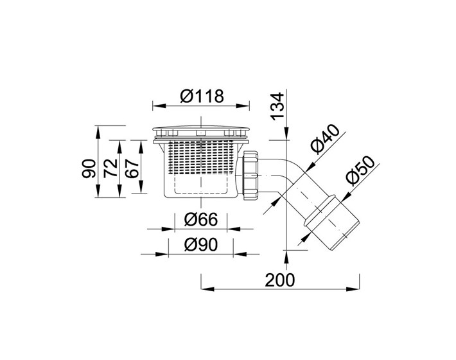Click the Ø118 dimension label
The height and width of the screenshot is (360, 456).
(202, 96)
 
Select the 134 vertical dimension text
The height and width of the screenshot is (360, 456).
(277, 106)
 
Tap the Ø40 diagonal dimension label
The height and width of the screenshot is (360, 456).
(325, 139)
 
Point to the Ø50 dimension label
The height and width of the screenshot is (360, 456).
(360, 171)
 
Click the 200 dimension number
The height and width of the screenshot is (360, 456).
(280, 280)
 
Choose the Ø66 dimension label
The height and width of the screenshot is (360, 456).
(200, 219)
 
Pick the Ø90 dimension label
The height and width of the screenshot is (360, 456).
(200, 245)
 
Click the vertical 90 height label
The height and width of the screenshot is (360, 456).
(89, 168)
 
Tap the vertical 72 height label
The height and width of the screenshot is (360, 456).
(110, 168)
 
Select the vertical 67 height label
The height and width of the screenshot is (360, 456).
(132, 168)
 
